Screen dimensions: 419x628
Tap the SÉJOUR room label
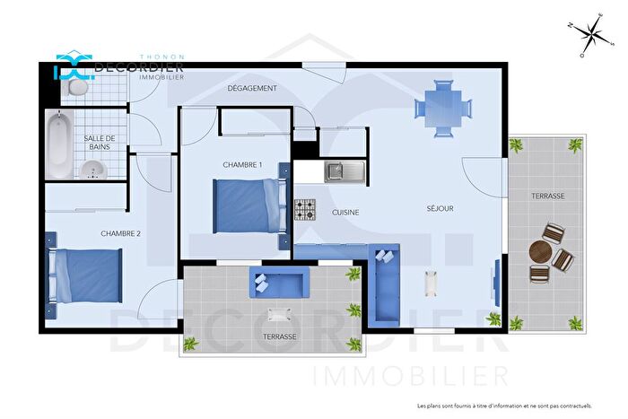click(x=440, y=208)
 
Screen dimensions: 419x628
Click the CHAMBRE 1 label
click(x=242, y=164)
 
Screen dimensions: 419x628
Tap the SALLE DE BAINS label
click(x=99, y=143)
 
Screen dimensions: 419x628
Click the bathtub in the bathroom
click(x=57, y=144)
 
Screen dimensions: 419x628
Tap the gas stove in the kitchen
click(x=305, y=210)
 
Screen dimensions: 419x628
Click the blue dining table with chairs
click(x=441, y=109)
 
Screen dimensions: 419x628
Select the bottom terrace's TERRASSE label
click(x=279, y=336)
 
